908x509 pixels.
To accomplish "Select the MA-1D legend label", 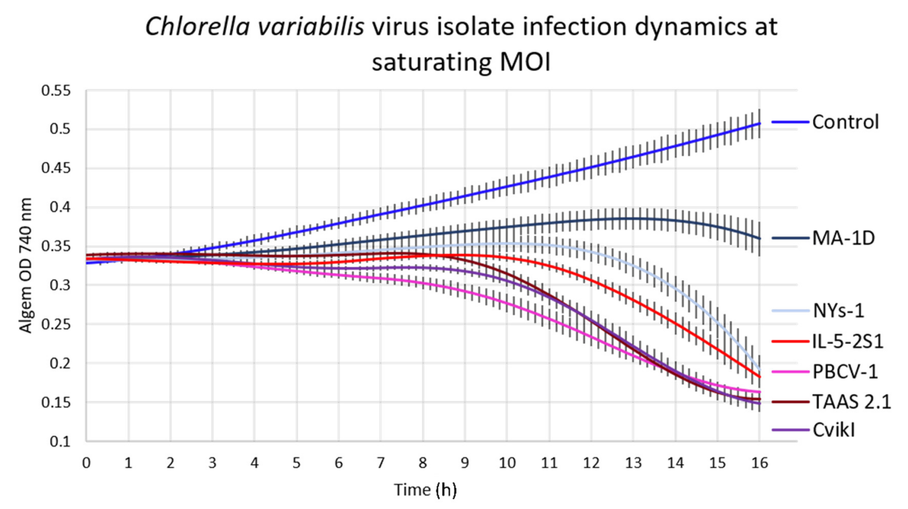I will click(x=843, y=239).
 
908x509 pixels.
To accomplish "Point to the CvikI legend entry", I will click(x=834, y=430).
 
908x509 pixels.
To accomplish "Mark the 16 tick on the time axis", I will click(x=759, y=463).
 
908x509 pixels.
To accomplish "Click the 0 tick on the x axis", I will click(x=86, y=463).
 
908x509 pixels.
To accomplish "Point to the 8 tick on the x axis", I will click(x=423, y=463).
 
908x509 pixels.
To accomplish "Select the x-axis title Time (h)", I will click(x=425, y=490).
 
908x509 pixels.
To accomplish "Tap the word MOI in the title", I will click(x=525, y=62).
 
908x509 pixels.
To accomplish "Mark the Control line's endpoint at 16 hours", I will click(x=759, y=124).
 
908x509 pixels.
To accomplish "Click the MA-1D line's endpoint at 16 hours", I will click(x=759, y=239).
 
